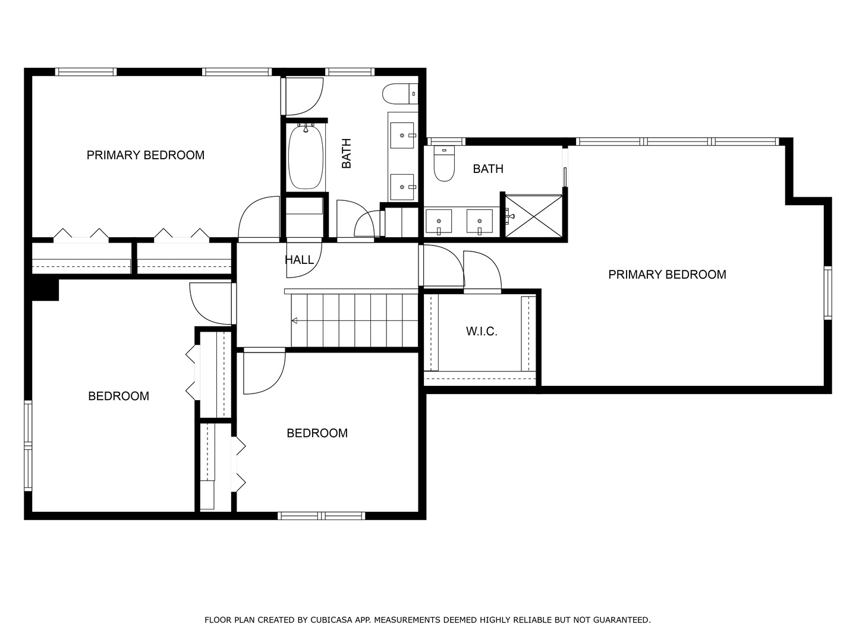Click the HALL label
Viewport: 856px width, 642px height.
pos(299,260)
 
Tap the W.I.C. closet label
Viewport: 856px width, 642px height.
pos(481,331)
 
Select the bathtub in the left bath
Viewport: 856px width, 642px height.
pos(306,157)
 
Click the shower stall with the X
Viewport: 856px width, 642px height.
pos(533,216)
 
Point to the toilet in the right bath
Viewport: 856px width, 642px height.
pos(444,163)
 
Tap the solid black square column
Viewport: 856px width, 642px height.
pos(45,289)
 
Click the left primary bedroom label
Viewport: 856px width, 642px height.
pos(146,155)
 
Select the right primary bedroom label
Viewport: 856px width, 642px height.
pos(667,275)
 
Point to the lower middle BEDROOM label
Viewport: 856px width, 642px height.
pos(317,433)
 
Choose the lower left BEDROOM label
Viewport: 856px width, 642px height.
pos(118,396)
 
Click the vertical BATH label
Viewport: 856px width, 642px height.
pos(347,153)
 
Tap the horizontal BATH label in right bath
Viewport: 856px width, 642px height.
pos(488,169)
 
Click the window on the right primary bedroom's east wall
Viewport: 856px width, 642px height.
pos(827,292)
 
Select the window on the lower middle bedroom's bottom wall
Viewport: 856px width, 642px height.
pos(322,516)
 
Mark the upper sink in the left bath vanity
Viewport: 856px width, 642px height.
pos(402,136)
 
